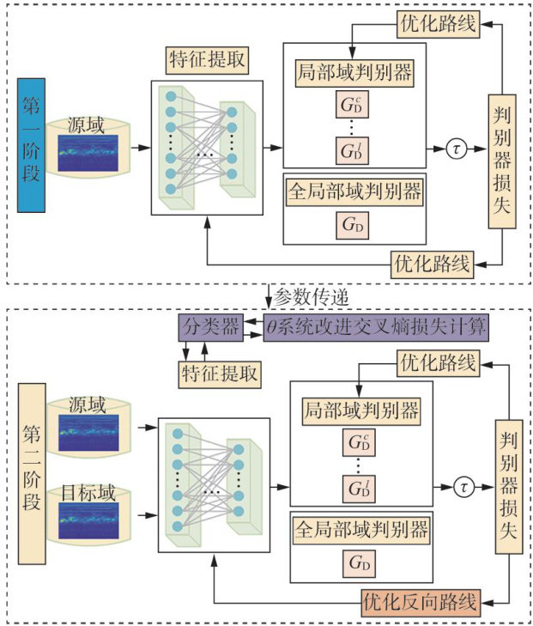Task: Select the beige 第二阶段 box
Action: coord(31,477)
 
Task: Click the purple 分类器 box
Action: coord(204,325)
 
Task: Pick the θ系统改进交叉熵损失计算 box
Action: coord(376,325)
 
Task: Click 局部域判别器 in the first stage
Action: coord(354,71)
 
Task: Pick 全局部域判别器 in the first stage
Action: coord(354,192)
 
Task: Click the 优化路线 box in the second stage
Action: coord(438,363)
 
